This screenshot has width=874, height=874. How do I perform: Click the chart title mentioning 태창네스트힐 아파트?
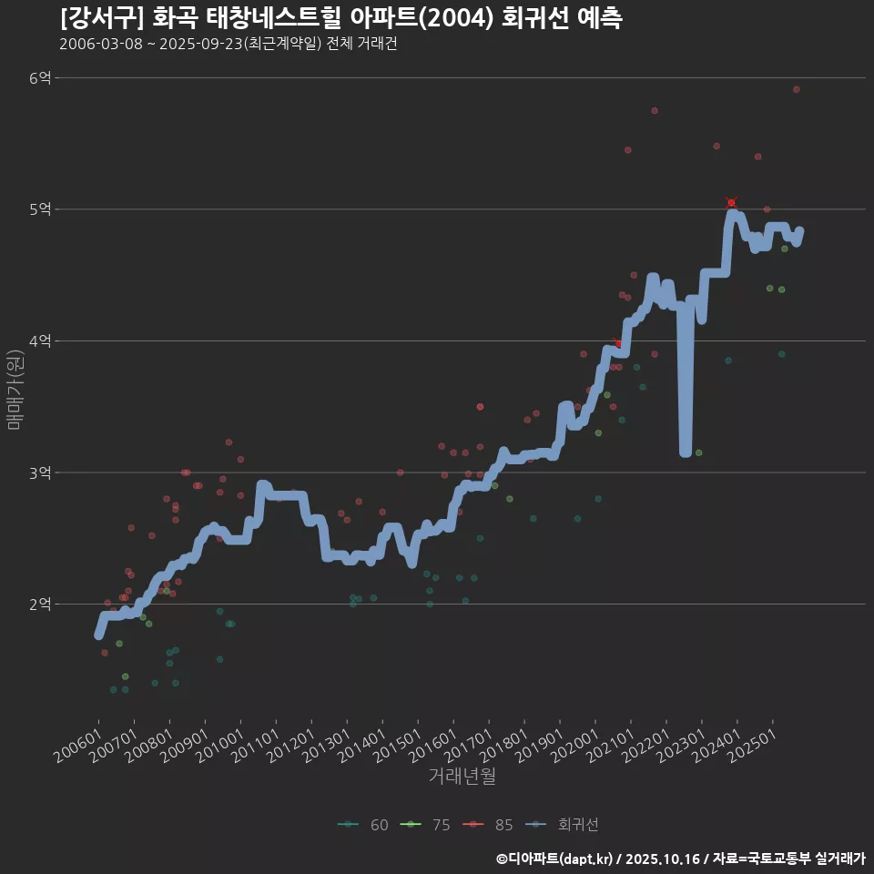[x=340, y=18]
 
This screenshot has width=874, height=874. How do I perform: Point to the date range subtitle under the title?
[x=228, y=45]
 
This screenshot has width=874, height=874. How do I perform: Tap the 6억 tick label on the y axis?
[x=40, y=78]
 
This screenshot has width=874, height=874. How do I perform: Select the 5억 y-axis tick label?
[x=40, y=209]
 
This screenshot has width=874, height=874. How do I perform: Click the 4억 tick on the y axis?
[x=40, y=341]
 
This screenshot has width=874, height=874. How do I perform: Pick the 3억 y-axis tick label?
[x=40, y=473]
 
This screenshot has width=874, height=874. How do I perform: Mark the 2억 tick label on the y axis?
[x=40, y=605]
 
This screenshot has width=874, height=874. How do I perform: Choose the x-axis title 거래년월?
[x=462, y=777]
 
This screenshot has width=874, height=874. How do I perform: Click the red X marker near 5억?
[x=731, y=202]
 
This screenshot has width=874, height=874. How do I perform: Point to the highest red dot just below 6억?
[x=796, y=89]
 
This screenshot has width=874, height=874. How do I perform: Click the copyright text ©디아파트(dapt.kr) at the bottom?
[x=555, y=859]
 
